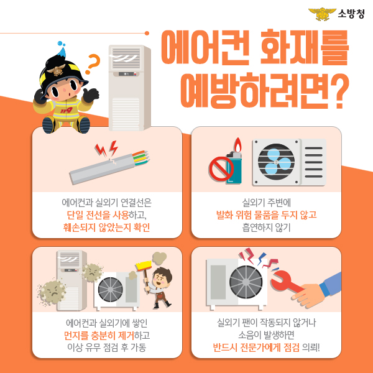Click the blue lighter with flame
(x=234, y=164)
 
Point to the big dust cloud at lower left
(x=52, y=292)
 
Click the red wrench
(x=290, y=280)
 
